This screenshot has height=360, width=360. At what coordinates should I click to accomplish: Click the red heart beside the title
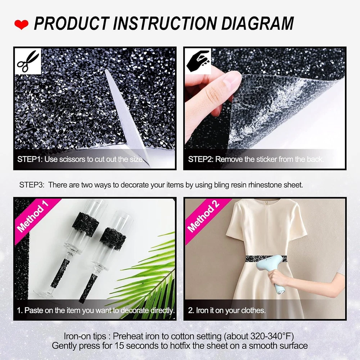(x=21, y=24)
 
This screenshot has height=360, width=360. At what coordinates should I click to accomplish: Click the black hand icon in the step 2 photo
(x=198, y=62)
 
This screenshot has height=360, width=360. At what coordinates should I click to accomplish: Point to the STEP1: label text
(x=30, y=159)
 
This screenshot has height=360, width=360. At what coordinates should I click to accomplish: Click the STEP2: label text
(x=201, y=159)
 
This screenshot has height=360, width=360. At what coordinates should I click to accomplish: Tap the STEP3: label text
(x=32, y=185)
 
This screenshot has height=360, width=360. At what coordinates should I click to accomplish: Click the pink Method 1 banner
(x=35, y=219)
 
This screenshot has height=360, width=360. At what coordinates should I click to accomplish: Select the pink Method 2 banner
(x=205, y=219)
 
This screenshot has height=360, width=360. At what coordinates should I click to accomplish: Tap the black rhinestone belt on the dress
(x=266, y=259)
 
